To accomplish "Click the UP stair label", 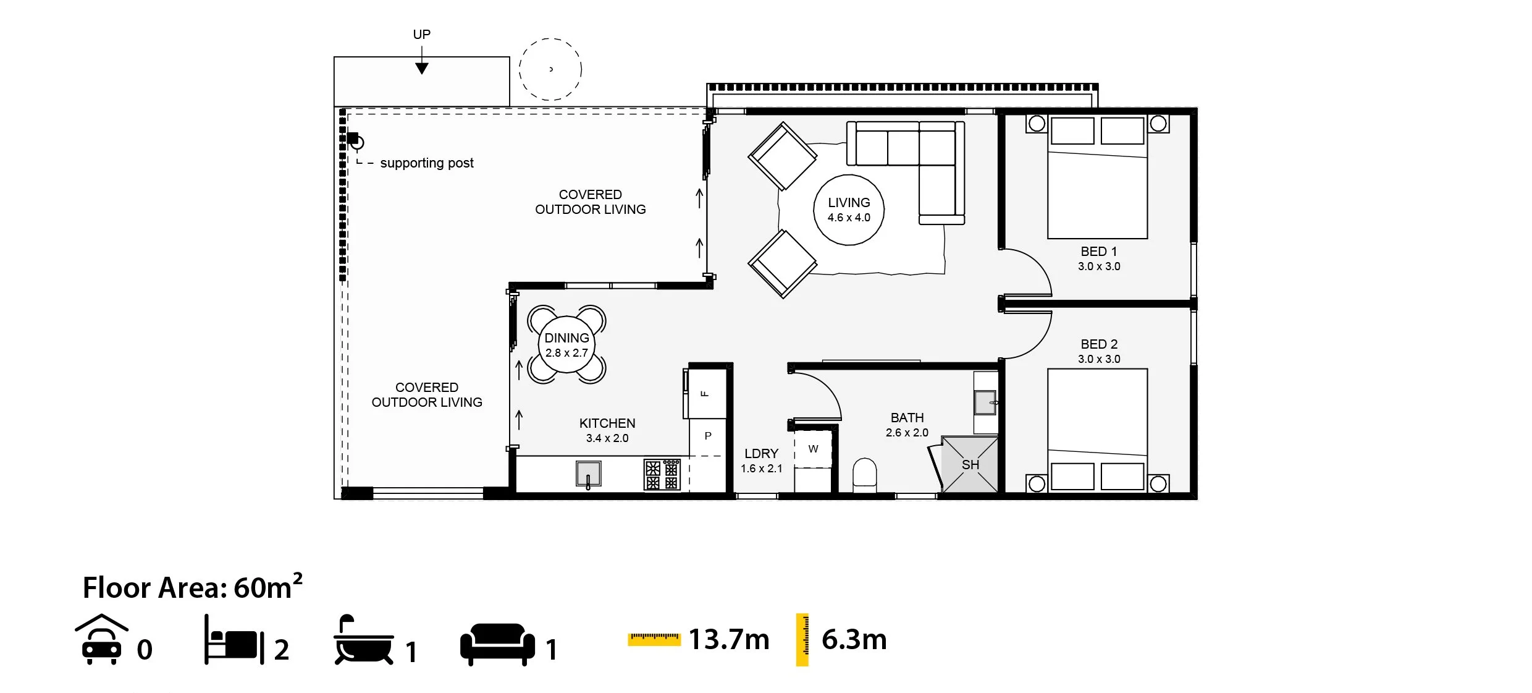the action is pyautogui.click(x=421, y=35).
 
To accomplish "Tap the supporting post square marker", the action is pyautogui.click(x=353, y=138).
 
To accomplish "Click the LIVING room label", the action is pyautogui.click(x=849, y=203).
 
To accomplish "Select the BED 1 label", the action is pyautogui.click(x=1098, y=252).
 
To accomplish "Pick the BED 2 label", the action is pyautogui.click(x=1098, y=344).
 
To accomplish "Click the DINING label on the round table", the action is pyautogui.click(x=566, y=338).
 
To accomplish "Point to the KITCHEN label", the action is pyautogui.click(x=607, y=423).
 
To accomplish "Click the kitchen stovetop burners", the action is pyautogui.click(x=662, y=475).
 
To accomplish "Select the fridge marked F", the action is pyautogui.click(x=705, y=393).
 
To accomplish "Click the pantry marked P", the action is pyautogui.click(x=708, y=436).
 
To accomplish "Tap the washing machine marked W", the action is pyautogui.click(x=813, y=449).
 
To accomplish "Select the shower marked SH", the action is pyautogui.click(x=969, y=465).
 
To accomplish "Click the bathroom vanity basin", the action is pyautogui.click(x=985, y=402).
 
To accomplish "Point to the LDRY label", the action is pyautogui.click(x=761, y=454).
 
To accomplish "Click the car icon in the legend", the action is pyautogui.click(x=102, y=640).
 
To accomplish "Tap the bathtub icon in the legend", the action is pyautogui.click(x=364, y=640).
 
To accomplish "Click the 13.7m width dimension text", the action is pyautogui.click(x=729, y=639).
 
